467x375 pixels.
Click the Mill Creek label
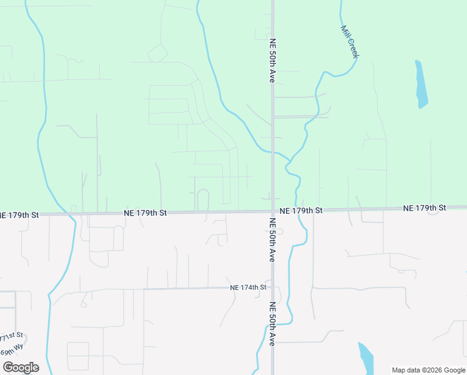pos(350,42)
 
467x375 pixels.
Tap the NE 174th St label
pos(248,287)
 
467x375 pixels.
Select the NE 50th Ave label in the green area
pos(272,61)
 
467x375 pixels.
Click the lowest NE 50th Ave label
pos(273,324)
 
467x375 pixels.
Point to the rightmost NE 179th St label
pos(425,207)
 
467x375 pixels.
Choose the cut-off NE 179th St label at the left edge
pos(19,214)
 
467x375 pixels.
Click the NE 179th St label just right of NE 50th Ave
pos(301,211)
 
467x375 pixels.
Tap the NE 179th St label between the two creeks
pos(145,212)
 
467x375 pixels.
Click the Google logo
pos(20,367)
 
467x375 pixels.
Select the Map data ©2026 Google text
pos(428,370)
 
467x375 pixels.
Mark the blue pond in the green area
pos(421,84)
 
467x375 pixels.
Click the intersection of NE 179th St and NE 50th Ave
pos(273,211)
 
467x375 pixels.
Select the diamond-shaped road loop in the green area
pos(157,53)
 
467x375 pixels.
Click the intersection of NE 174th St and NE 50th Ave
pos(273,287)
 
